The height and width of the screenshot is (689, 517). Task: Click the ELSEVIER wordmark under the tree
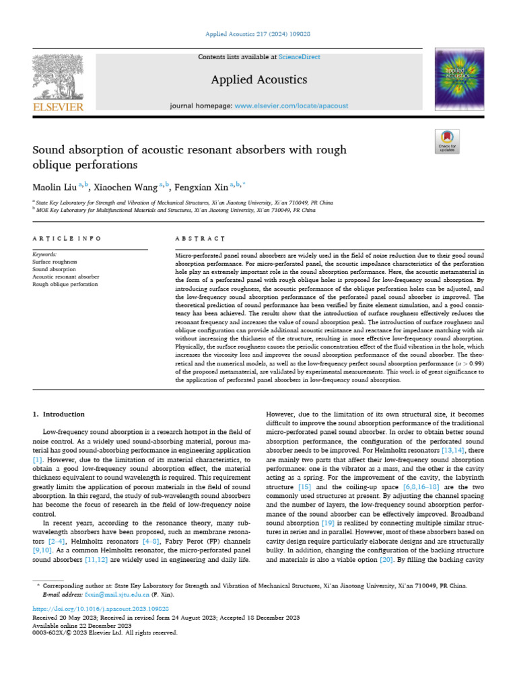point(58,107)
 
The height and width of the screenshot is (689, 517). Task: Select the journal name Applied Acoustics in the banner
point(258,80)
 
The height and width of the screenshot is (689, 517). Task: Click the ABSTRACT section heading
point(200,239)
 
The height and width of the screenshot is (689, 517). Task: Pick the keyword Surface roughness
point(55,262)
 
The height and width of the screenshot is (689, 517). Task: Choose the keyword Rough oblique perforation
point(65,284)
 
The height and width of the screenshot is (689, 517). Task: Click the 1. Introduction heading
point(59,414)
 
